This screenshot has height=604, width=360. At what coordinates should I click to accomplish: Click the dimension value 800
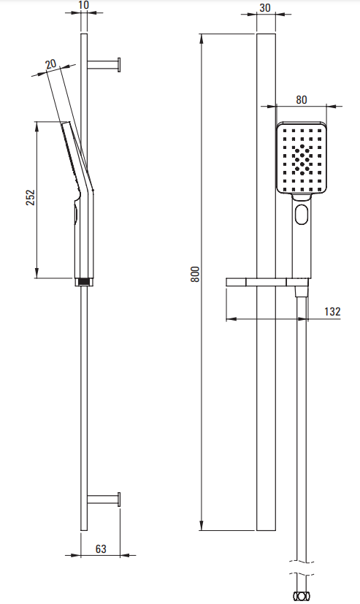tap(196, 275)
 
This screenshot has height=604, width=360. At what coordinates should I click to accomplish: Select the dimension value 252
tap(31, 197)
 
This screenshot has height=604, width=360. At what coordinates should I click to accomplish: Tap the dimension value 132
tap(332, 311)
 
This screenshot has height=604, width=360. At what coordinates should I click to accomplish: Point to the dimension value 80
tap(302, 100)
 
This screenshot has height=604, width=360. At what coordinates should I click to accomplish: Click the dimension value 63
tap(101, 548)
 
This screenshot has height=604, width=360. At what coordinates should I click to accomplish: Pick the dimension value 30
tap(265, 8)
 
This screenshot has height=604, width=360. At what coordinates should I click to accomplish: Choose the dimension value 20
tap(51, 65)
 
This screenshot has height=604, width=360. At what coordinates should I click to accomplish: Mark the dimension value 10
tap(83, 5)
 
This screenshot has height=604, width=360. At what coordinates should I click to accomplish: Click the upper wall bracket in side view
tap(104, 65)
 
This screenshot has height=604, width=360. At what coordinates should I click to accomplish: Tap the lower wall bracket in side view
tap(104, 500)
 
